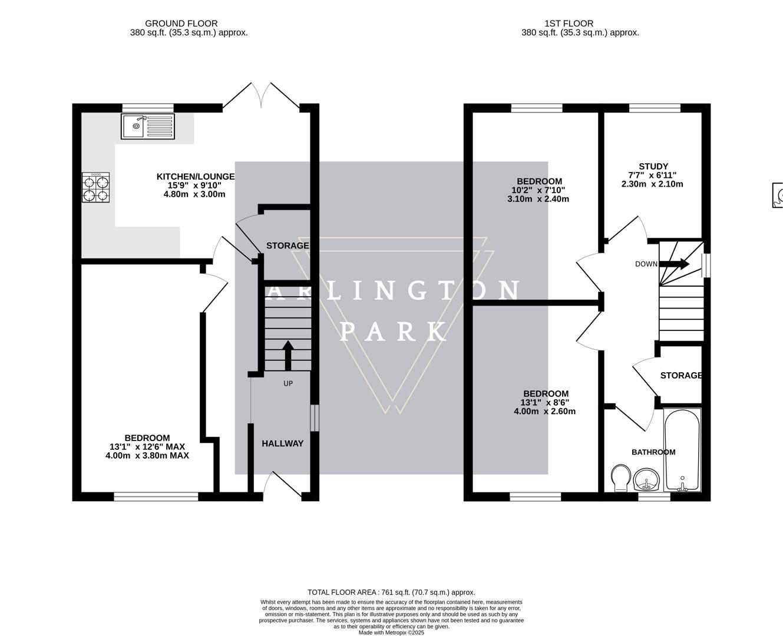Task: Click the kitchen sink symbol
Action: point(148,127)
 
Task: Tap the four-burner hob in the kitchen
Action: point(96,188)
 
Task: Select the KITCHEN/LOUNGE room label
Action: point(195,177)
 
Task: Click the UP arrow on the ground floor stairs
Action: point(288,355)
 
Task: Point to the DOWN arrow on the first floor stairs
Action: point(675,264)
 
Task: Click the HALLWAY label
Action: point(282,443)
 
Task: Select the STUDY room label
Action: point(653,167)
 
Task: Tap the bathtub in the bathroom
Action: point(682,450)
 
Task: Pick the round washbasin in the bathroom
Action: point(647,480)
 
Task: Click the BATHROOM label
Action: point(653,452)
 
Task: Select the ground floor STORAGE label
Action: point(287,246)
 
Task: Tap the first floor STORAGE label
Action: point(680,376)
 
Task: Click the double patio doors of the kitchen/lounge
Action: point(261,96)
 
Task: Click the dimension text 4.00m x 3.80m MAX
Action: point(147,455)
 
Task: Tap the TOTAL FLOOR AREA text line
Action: point(391,592)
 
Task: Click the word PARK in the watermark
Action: point(393,332)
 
